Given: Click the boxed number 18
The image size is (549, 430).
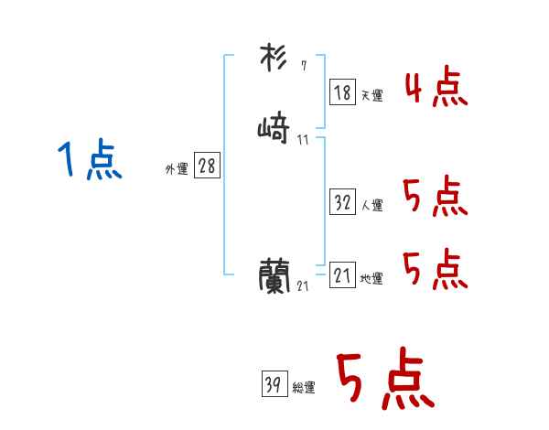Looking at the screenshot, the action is pos(342,91).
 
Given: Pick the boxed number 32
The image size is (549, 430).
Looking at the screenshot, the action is pos(342,202).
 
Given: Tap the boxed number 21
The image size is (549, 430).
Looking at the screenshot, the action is pos(342,274).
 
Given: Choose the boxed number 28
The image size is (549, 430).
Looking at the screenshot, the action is pos(207,166).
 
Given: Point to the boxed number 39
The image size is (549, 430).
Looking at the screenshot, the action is pos(272,385).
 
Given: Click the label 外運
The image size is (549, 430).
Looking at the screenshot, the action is pos(177,169).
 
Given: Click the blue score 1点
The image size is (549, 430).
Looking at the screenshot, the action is pos(90,160).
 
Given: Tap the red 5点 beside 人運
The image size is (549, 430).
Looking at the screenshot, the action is pos(436,197).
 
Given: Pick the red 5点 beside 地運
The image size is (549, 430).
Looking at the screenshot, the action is pos(436,269).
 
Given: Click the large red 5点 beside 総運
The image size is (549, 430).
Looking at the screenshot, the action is pos(384,381).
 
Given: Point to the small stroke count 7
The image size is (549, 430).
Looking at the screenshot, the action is pos(304,66).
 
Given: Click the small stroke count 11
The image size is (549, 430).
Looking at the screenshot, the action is pos(303,139).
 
